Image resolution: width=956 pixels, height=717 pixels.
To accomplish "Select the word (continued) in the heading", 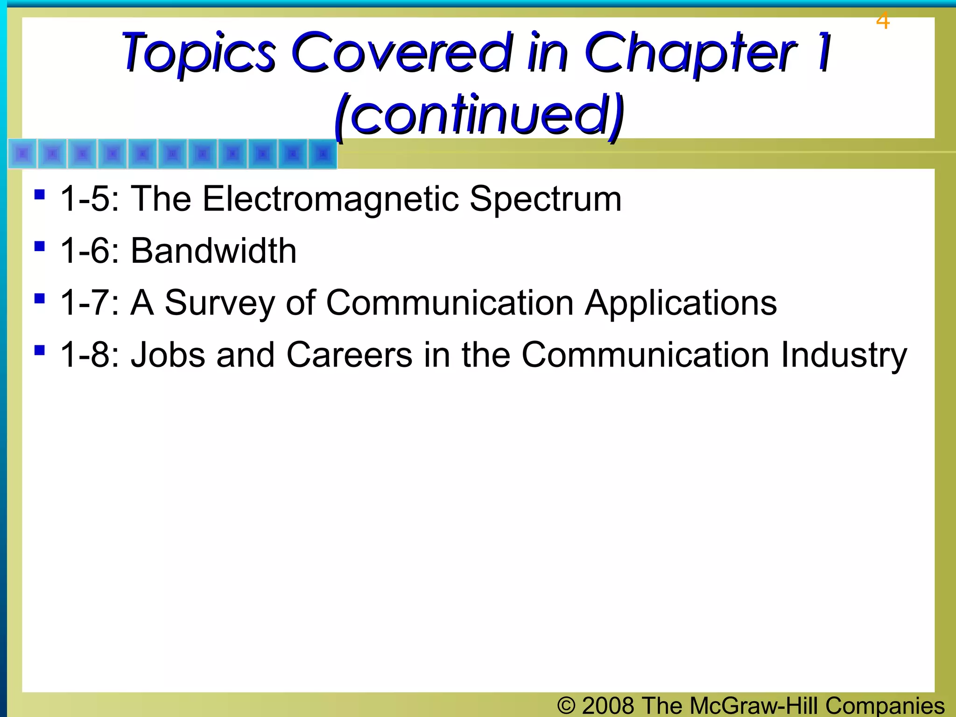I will coord(479,114).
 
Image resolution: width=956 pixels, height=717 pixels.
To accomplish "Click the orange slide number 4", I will coord(882,21).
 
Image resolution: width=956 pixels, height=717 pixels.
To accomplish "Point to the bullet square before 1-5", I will coord(40,194).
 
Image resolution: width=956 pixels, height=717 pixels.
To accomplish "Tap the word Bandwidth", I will coord(213,251).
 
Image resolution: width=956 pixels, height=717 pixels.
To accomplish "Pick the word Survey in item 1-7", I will coord(219,303).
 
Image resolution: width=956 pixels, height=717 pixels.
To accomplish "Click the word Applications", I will coord(681,303).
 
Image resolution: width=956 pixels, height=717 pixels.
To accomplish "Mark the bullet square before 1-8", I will coord(40,350).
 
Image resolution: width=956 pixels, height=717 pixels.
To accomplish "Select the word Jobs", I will coord(168,355).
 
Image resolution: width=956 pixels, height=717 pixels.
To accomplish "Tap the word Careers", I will coord(349,355).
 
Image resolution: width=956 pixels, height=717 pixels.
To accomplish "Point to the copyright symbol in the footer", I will coord(566,705).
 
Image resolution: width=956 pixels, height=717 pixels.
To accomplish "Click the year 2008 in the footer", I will coord(608,705).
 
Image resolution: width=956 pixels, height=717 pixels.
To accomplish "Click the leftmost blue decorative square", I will coord(22,154).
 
